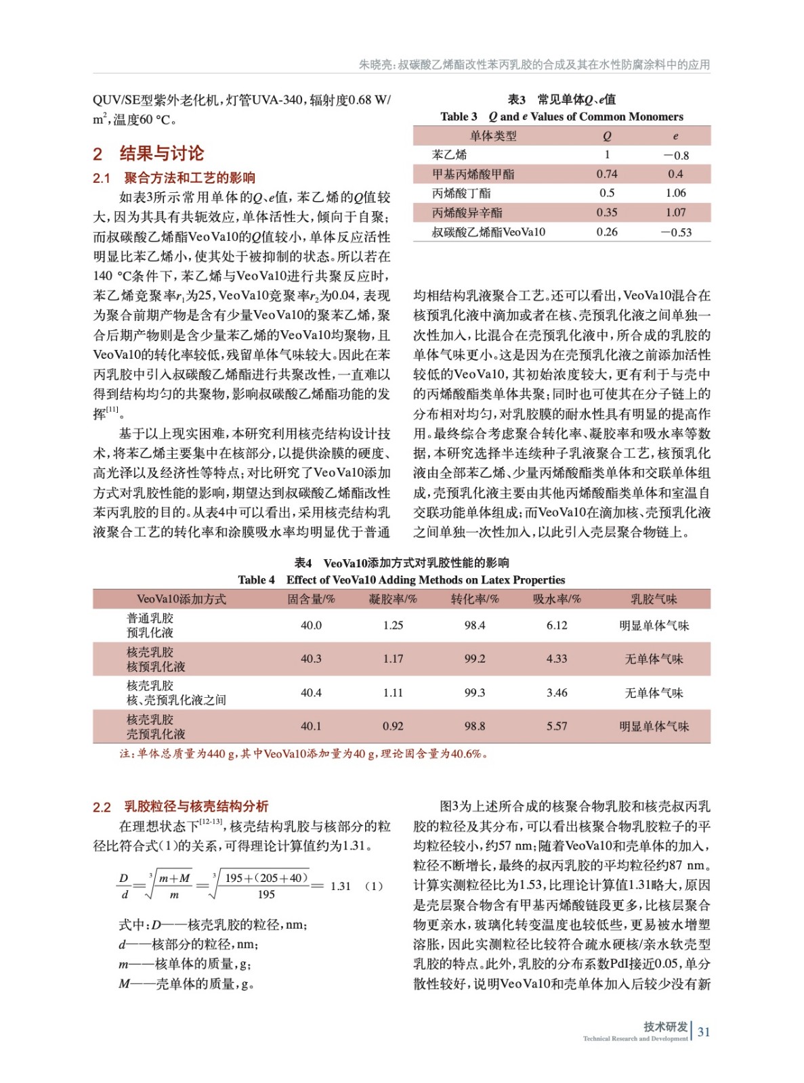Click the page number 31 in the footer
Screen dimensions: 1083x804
(x=704, y=1032)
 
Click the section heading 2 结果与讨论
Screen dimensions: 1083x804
(x=148, y=153)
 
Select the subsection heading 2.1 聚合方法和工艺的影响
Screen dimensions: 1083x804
(x=174, y=178)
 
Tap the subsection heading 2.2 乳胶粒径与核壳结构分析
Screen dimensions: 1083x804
(x=180, y=806)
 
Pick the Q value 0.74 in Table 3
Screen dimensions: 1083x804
(x=607, y=174)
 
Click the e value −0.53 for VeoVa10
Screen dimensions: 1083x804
(x=676, y=232)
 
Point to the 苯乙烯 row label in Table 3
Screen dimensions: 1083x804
(x=449, y=155)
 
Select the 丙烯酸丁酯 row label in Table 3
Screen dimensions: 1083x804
(x=461, y=194)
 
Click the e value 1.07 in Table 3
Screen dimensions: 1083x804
(x=675, y=213)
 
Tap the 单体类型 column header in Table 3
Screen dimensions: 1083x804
(x=493, y=136)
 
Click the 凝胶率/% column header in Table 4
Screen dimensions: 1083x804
(x=393, y=599)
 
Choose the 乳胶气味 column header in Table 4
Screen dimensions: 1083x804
(x=654, y=599)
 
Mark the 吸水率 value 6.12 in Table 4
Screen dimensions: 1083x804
(x=557, y=625)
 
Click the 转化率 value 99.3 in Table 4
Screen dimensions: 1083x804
(x=475, y=692)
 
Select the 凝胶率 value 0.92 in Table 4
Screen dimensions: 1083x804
(x=393, y=726)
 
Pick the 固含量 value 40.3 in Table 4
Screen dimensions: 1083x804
(x=311, y=659)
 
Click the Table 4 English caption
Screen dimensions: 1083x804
(x=401, y=580)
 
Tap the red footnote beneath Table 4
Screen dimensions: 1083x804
(x=303, y=754)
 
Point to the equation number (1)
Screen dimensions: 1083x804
(x=374, y=886)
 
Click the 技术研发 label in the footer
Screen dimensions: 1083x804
(x=665, y=1027)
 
